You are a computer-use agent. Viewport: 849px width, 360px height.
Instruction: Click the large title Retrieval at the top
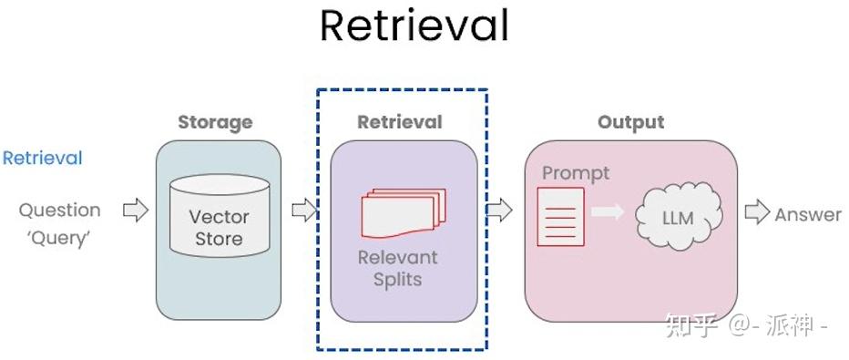pos(414,27)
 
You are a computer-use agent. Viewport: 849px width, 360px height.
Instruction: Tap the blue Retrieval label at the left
pos(42,159)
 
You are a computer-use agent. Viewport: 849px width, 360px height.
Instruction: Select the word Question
pos(60,211)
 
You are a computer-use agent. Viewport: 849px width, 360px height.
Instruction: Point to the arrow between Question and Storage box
pos(135,211)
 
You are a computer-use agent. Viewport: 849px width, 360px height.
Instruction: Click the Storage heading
pos(215,122)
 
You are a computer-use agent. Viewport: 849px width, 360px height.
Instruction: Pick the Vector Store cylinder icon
pos(219,217)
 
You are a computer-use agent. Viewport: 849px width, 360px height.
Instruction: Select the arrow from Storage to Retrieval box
pos(303,211)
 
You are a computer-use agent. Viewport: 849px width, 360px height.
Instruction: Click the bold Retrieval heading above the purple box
pos(400,122)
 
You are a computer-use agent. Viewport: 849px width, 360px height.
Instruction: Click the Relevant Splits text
pos(398,268)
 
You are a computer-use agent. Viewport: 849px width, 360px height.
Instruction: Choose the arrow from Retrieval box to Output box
pos(499,211)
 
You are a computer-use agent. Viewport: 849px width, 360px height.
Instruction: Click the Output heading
pos(630,122)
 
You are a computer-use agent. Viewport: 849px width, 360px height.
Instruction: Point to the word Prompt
pos(576,173)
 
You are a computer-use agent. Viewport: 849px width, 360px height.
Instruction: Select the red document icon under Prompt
pos(560,217)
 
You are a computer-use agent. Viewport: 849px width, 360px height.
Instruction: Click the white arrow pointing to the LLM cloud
pos(607,212)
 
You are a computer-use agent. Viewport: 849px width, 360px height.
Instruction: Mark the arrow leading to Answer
pos(757,213)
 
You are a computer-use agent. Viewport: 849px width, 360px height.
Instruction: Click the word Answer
pos(808,215)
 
